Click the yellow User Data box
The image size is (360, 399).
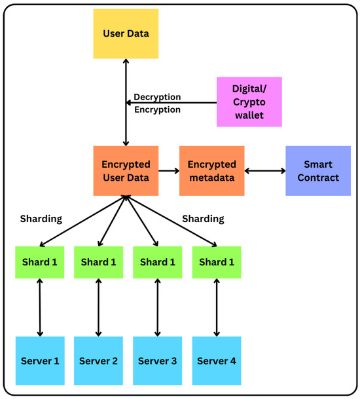point(126,33)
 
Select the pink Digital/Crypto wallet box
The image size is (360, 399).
point(249,102)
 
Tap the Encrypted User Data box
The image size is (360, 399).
point(126,170)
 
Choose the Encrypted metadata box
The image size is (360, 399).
point(212,170)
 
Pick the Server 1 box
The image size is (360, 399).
point(41,361)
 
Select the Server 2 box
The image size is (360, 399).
point(98,361)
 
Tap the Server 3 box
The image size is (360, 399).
point(158,361)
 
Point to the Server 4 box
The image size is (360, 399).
point(217,361)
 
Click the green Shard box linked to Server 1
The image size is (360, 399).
point(41,261)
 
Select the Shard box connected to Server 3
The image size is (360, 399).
point(158,261)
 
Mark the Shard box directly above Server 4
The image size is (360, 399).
point(217,261)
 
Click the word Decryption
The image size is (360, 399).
point(157,98)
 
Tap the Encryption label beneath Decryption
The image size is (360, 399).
point(157,109)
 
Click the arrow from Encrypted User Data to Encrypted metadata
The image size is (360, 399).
point(169,170)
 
